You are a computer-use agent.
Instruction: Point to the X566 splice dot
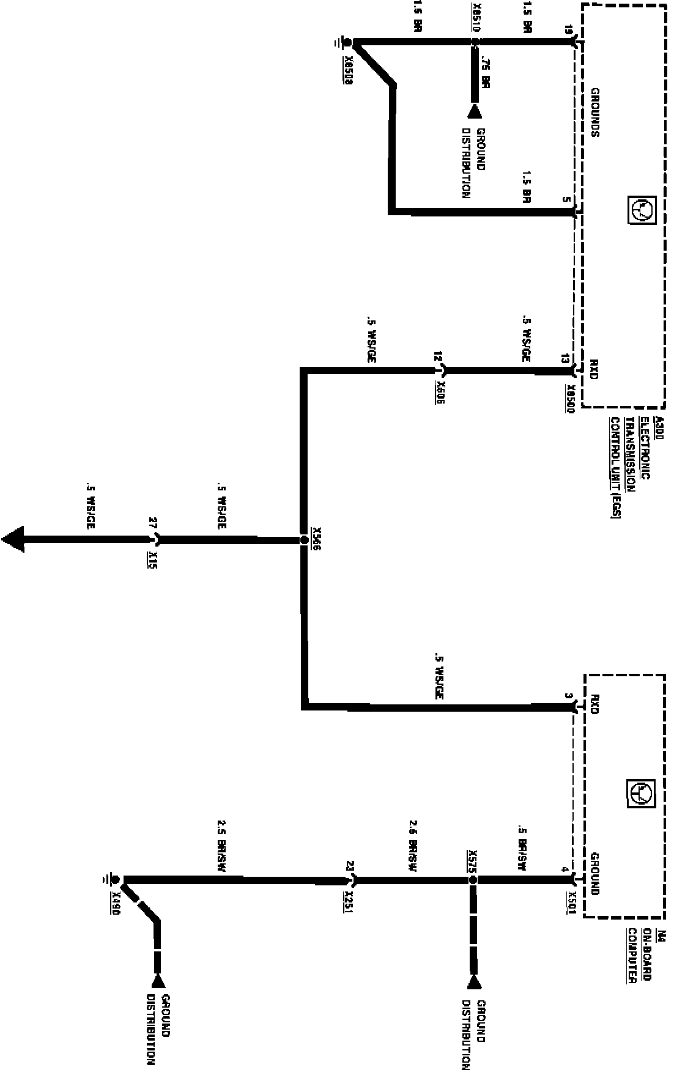click(x=303, y=540)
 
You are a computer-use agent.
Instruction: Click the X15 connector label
click(x=152, y=560)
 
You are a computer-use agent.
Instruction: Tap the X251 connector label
click(x=348, y=901)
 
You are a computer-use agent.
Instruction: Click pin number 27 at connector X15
click(x=153, y=524)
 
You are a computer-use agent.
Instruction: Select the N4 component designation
click(x=660, y=936)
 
